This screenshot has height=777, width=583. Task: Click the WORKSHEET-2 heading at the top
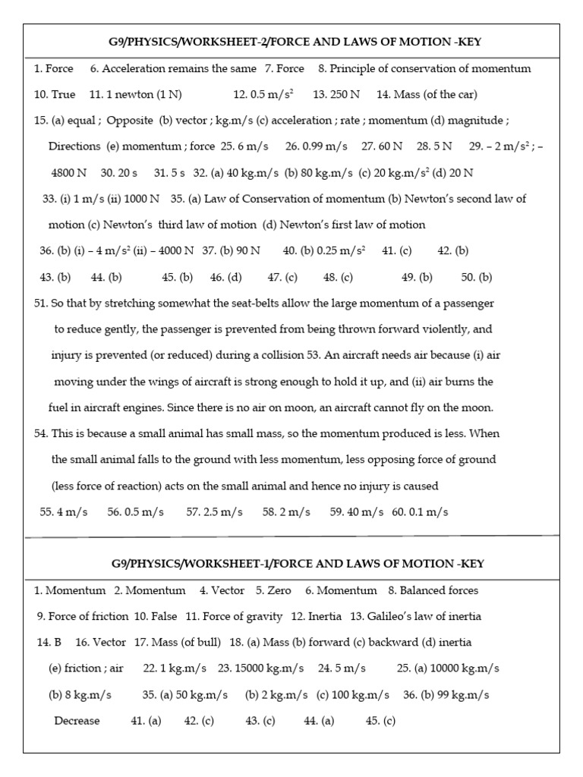click(297, 42)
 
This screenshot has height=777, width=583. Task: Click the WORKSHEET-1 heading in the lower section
click(297, 564)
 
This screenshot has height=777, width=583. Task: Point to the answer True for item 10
click(63, 95)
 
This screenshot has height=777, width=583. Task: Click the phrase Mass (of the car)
click(435, 95)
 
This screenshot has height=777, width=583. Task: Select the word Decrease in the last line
click(77, 721)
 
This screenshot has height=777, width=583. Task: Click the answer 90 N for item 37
click(243, 250)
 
